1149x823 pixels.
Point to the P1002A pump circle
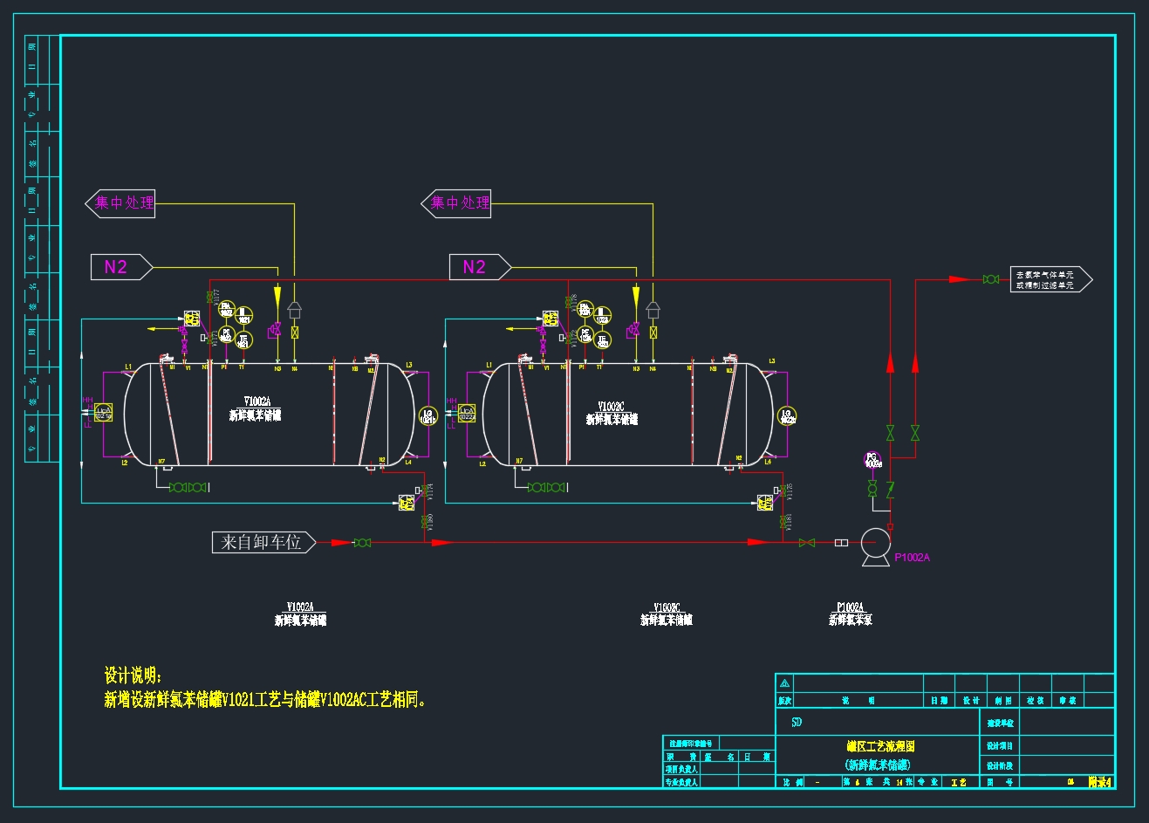click(873, 543)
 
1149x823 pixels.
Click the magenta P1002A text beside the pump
click(912, 558)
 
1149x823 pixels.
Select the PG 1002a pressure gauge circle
click(872, 459)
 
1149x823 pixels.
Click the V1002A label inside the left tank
click(257, 402)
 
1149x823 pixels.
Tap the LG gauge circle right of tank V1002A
click(427, 416)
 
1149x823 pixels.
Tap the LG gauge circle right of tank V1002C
click(786, 416)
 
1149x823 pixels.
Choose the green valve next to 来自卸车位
click(362, 543)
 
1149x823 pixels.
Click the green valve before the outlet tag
click(990, 279)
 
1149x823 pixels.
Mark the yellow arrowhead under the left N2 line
click(277, 293)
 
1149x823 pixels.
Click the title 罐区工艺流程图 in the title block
click(879, 747)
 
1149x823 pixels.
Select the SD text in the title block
click(797, 723)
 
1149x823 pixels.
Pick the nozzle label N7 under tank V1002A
click(161, 462)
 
